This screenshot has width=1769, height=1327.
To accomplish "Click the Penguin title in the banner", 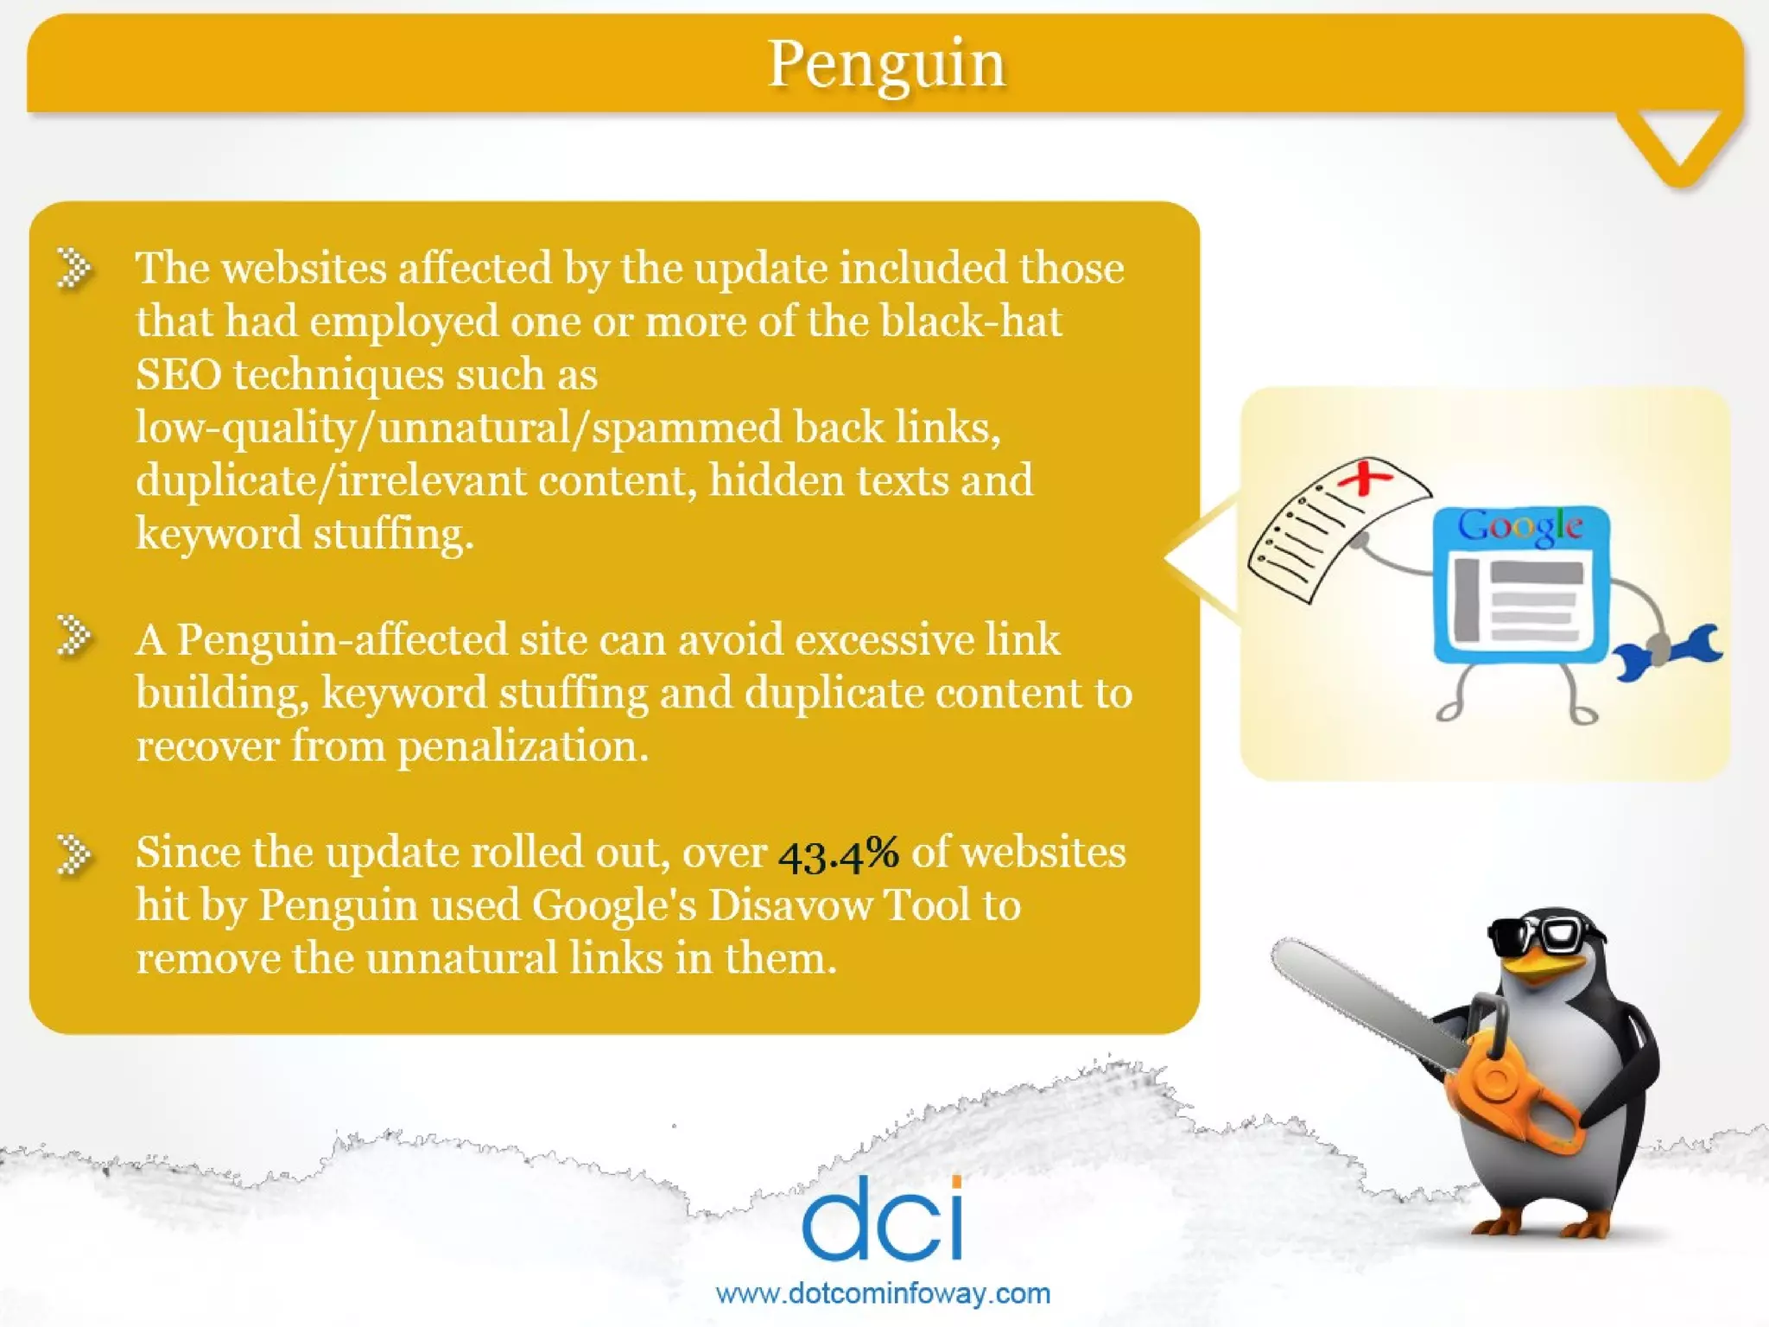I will [x=887, y=65].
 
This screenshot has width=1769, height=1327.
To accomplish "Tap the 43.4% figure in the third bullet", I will [x=838, y=854].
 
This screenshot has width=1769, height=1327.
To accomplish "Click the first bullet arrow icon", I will [x=75, y=268].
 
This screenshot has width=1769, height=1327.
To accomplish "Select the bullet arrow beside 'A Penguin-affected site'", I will [x=75, y=637].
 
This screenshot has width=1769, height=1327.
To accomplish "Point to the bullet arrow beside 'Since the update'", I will [x=75, y=854].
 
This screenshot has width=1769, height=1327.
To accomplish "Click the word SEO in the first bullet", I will [x=178, y=375].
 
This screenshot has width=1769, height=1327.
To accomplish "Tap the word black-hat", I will [x=971, y=321].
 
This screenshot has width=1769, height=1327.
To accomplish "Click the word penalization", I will [x=523, y=746].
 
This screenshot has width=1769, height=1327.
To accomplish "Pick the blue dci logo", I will [x=883, y=1218].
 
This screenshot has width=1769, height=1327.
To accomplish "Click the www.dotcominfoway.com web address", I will [x=883, y=1293].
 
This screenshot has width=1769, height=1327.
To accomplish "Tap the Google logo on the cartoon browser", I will [x=1520, y=526].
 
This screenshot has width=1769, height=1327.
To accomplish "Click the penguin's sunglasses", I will [x=1546, y=935].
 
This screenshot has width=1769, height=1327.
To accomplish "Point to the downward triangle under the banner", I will [x=1679, y=143].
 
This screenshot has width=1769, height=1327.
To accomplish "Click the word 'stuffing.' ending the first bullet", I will [x=393, y=534].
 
